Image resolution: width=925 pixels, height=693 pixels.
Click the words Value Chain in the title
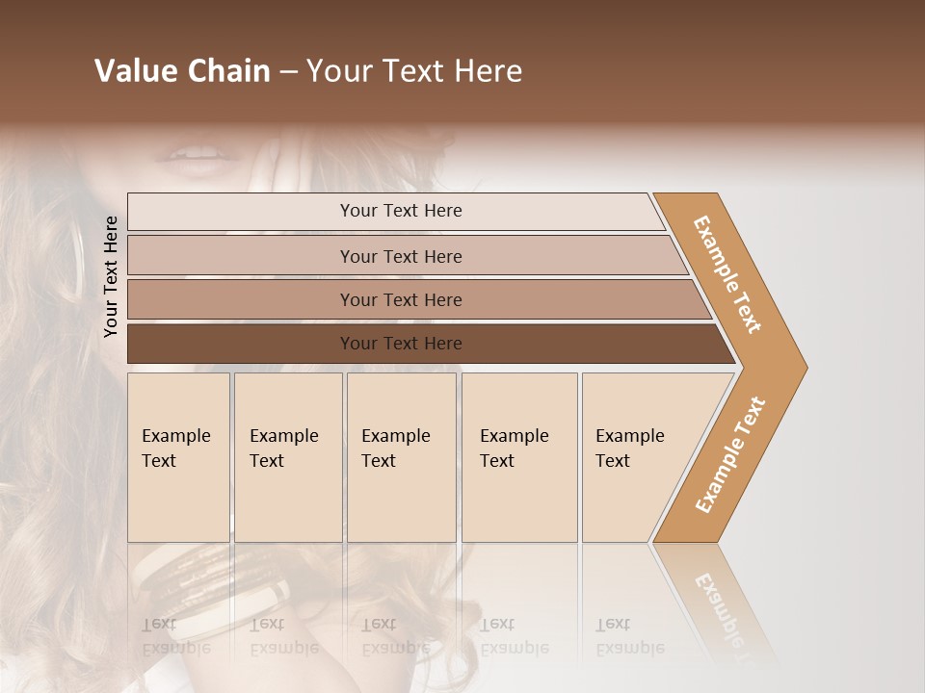pyautogui.click(x=182, y=71)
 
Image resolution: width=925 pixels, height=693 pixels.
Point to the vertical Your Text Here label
pyautogui.click(x=111, y=276)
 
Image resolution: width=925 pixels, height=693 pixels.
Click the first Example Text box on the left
pyautogui.click(x=178, y=457)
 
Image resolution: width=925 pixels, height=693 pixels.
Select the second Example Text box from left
pyautogui.click(x=288, y=457)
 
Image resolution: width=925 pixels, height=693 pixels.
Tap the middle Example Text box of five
pyautogui.click(x=401, y=457)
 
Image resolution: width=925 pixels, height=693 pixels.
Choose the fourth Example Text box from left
pyautogui.click(x=519, y=457)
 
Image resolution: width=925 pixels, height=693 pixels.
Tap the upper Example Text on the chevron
pyautogui.click(x=727, y=274)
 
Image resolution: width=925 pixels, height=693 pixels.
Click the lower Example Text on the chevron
pyautogui.click(x=730, y=454)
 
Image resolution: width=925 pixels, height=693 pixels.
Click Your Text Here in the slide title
pyautogui.click(x=414, y=71)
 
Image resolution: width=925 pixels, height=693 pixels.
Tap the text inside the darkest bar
pyautogui.click(x=401, y=344)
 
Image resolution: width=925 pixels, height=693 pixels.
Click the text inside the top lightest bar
pyautogui.click(x=401, y=211)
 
